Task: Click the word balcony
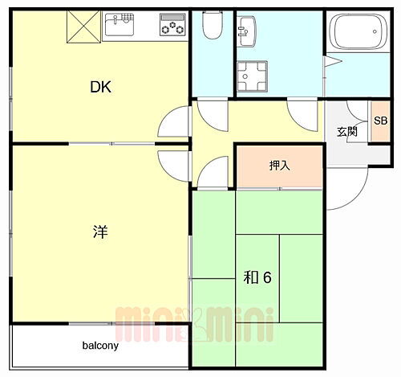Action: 100,346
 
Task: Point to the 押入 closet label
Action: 279,166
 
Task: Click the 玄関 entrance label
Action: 346,131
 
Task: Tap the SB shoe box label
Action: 380,121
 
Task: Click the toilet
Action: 212,27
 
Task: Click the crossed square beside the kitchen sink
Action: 80,27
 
